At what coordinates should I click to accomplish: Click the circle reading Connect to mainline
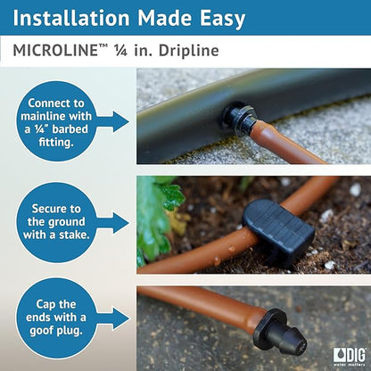coord(56,120)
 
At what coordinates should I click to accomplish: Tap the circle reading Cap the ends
coord(56,319)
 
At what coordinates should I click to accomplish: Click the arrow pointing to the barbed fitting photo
coord(114,121)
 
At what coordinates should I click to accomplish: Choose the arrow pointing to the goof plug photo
coord(114,319)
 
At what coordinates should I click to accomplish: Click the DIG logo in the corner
coord(349,356)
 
